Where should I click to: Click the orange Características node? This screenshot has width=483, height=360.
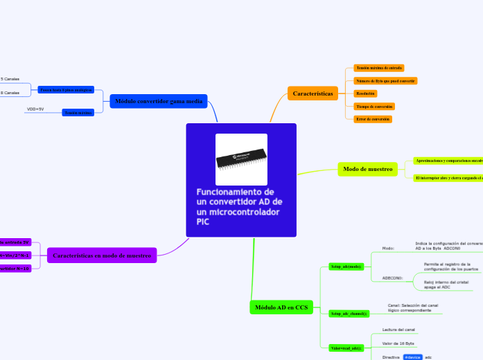(x=313, y=93)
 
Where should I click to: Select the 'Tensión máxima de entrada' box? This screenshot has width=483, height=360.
(x=378, y=68)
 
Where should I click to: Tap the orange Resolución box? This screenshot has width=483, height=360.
(x=365, y=93)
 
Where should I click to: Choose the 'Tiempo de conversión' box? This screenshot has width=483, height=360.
(x=374, y=107)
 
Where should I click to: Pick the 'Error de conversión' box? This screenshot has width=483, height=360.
(x=373, y=119)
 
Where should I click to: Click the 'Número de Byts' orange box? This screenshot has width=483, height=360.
(x=385, y=81)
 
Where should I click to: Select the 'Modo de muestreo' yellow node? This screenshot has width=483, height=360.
(x=368, y=169)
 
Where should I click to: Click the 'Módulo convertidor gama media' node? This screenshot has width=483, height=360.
(x=159, y=102)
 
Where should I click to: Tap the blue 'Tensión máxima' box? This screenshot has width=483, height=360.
(x=78, y=112)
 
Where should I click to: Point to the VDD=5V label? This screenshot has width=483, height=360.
(x=35, y=109)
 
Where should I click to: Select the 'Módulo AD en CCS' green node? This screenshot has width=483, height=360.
(x=281, y=307)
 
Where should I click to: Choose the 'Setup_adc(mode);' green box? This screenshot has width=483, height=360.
(x=346, y=266)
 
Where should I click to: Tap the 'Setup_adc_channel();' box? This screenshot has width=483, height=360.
(x=349, y=314)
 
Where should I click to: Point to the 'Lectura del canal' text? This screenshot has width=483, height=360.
(x=398, y=330)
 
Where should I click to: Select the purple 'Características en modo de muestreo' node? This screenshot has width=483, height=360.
(x=102, y=255)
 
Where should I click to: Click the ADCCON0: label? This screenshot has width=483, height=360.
(x=392, y=278)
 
